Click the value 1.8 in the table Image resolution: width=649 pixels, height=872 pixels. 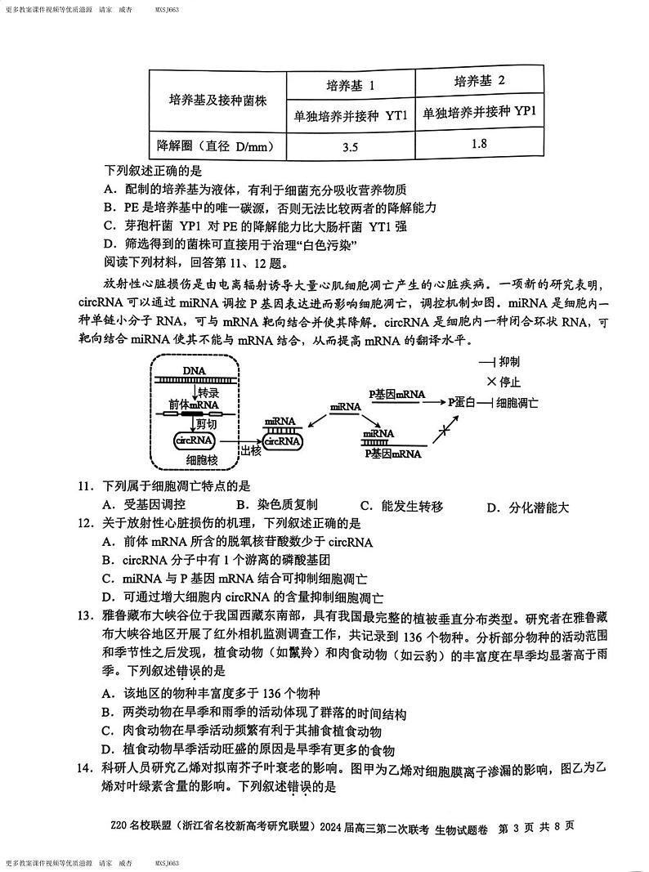(479, 144)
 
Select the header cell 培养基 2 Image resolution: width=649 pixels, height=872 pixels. (479, 80)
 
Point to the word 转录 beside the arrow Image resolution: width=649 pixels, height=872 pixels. (209, 391)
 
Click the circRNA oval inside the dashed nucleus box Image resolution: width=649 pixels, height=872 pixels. (195, 440)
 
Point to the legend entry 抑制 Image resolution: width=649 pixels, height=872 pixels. (508, 361)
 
